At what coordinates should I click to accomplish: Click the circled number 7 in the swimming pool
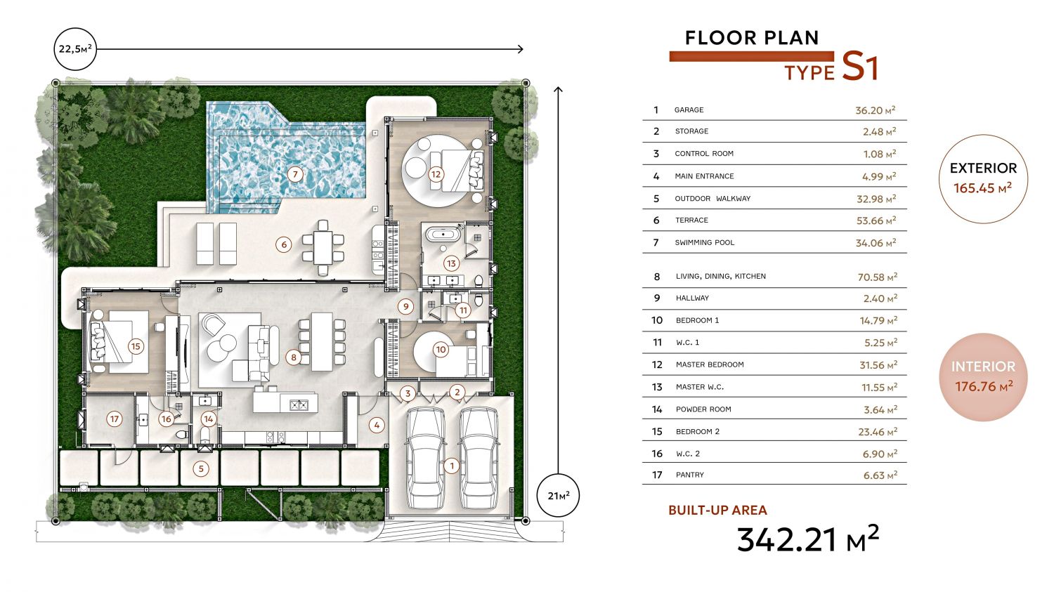click(295, 174)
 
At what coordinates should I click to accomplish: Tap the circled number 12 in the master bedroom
click(436, 174)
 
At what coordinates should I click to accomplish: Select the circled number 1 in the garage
click(452, 466)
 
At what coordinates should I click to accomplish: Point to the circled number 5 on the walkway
click(201, 469)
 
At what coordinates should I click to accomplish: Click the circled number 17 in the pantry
click(115, 419)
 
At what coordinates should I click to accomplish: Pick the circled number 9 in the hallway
click(405, 307)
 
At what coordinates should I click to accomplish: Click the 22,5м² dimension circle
click(75, 49)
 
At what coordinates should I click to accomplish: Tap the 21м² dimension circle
click(558, 496)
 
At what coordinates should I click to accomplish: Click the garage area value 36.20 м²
click(876, 110)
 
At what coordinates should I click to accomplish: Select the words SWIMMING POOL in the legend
click(704, 243)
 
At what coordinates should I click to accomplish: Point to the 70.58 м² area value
click(877, 277)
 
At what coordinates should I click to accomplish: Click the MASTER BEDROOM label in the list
click(710, 364)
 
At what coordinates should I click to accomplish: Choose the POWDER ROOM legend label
click(703, 409)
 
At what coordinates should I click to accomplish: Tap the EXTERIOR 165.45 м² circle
click(983, 178)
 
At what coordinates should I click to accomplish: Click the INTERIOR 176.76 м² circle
click(983, 377)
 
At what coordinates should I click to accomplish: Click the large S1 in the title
click(859, 66)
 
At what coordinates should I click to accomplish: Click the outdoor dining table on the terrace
click(323, 247)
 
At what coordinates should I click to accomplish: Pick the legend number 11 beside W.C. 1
click(657, 342)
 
